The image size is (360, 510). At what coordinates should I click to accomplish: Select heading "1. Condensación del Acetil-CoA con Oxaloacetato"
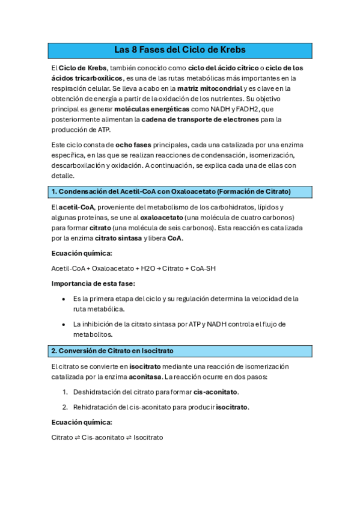click(x=171, y=191)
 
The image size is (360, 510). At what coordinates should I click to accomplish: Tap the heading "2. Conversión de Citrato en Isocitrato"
click(x=112, y=350)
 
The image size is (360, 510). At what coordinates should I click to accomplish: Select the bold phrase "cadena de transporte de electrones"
click(x=200, y=119)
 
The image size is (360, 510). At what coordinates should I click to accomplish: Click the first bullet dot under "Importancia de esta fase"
click(x=64, y=299)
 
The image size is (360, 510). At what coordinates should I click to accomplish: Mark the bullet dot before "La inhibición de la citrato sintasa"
click(x=64, y=324)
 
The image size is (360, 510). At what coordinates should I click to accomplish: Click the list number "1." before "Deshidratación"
click(x=65, y=392)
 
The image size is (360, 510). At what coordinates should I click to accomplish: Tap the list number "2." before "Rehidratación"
click(x=65, y=407)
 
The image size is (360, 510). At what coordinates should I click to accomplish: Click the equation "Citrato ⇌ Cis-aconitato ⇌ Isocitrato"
click(x=108, y=438)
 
